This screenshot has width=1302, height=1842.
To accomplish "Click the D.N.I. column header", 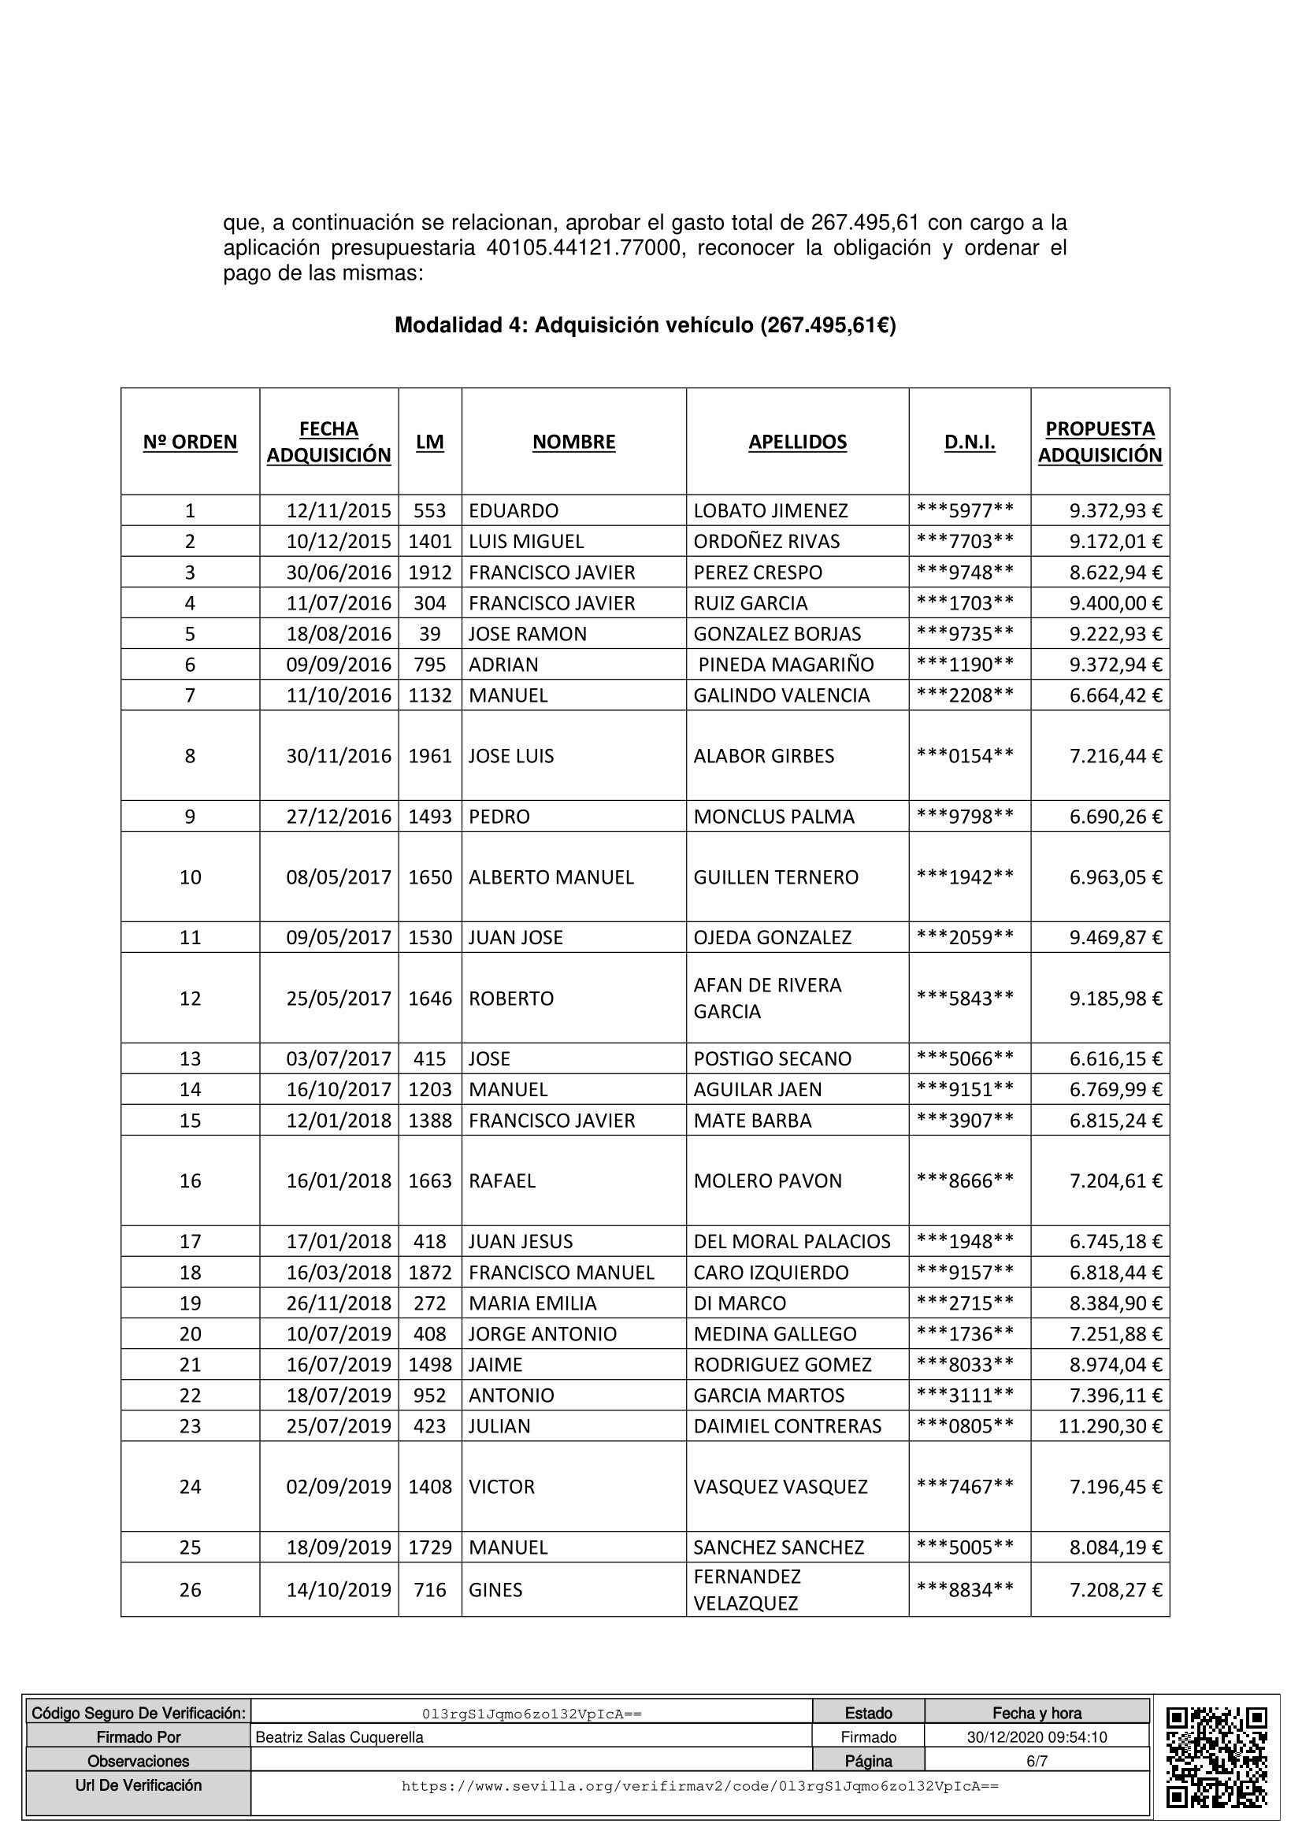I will coord(969,442).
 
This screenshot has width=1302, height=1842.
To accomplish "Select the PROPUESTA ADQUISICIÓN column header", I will coord(1099,442).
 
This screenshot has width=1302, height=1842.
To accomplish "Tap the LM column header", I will coord(429,442).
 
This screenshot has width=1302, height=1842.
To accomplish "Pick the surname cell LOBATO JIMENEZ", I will coord(770,510).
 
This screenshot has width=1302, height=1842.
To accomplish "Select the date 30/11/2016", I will coord(339,756).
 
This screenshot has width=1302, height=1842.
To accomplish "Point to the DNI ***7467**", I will coord(965,1487).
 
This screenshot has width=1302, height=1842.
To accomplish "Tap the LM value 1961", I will coord(430,756).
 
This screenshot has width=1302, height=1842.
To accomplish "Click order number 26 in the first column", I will coord(190,1589).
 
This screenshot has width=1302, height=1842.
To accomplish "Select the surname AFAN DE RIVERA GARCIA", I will coord(767,998).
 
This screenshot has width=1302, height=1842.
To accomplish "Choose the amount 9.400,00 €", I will coord(1115,602).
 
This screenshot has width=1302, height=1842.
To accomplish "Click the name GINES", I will coord(495,1589).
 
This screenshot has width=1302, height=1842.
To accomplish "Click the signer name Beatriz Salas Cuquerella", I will coord(339,1737).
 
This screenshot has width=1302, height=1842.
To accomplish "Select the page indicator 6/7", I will coord(1037,1761).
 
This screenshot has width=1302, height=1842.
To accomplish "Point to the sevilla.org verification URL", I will coord(699,1787).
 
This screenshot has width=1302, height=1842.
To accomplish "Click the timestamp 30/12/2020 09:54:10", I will coord(1037,1737).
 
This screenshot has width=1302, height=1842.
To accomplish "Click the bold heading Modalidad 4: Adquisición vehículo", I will coord(644,325).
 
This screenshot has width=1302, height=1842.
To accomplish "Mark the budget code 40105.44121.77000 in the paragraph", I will coord(584,248).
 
